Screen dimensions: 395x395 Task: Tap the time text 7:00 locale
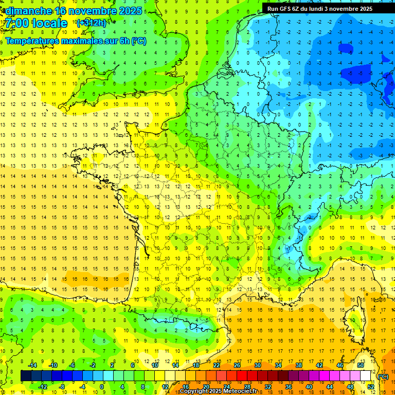pyautogui.click(x=37, y=23)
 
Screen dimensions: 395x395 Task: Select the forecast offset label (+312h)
pyautogui.click(x=91, y=23)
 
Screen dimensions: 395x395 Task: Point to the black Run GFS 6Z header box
pyautogui.click(x=328, y=8)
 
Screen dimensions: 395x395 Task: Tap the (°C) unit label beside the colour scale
pyautogui.click(x=383, y=376)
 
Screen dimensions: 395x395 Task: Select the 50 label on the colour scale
pyautogui.click(x=360, y=365)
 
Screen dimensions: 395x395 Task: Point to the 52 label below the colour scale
pyautogui.click(x=371, y=387)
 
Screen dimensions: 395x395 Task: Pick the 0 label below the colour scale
pyautogui.click(x=102, y=387)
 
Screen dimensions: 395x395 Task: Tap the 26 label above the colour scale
pyautogui.click(x=237, y=365)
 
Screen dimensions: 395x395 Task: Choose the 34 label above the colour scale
pyautogui.click(x=278, y=365)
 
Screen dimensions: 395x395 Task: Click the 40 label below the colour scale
pyautogui.click(x=309, y=387)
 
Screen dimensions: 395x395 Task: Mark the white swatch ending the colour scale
pyautogui.click(x=366, y=376)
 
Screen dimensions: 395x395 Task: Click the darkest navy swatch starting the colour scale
pyautogui.click(x=26, y=376)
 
